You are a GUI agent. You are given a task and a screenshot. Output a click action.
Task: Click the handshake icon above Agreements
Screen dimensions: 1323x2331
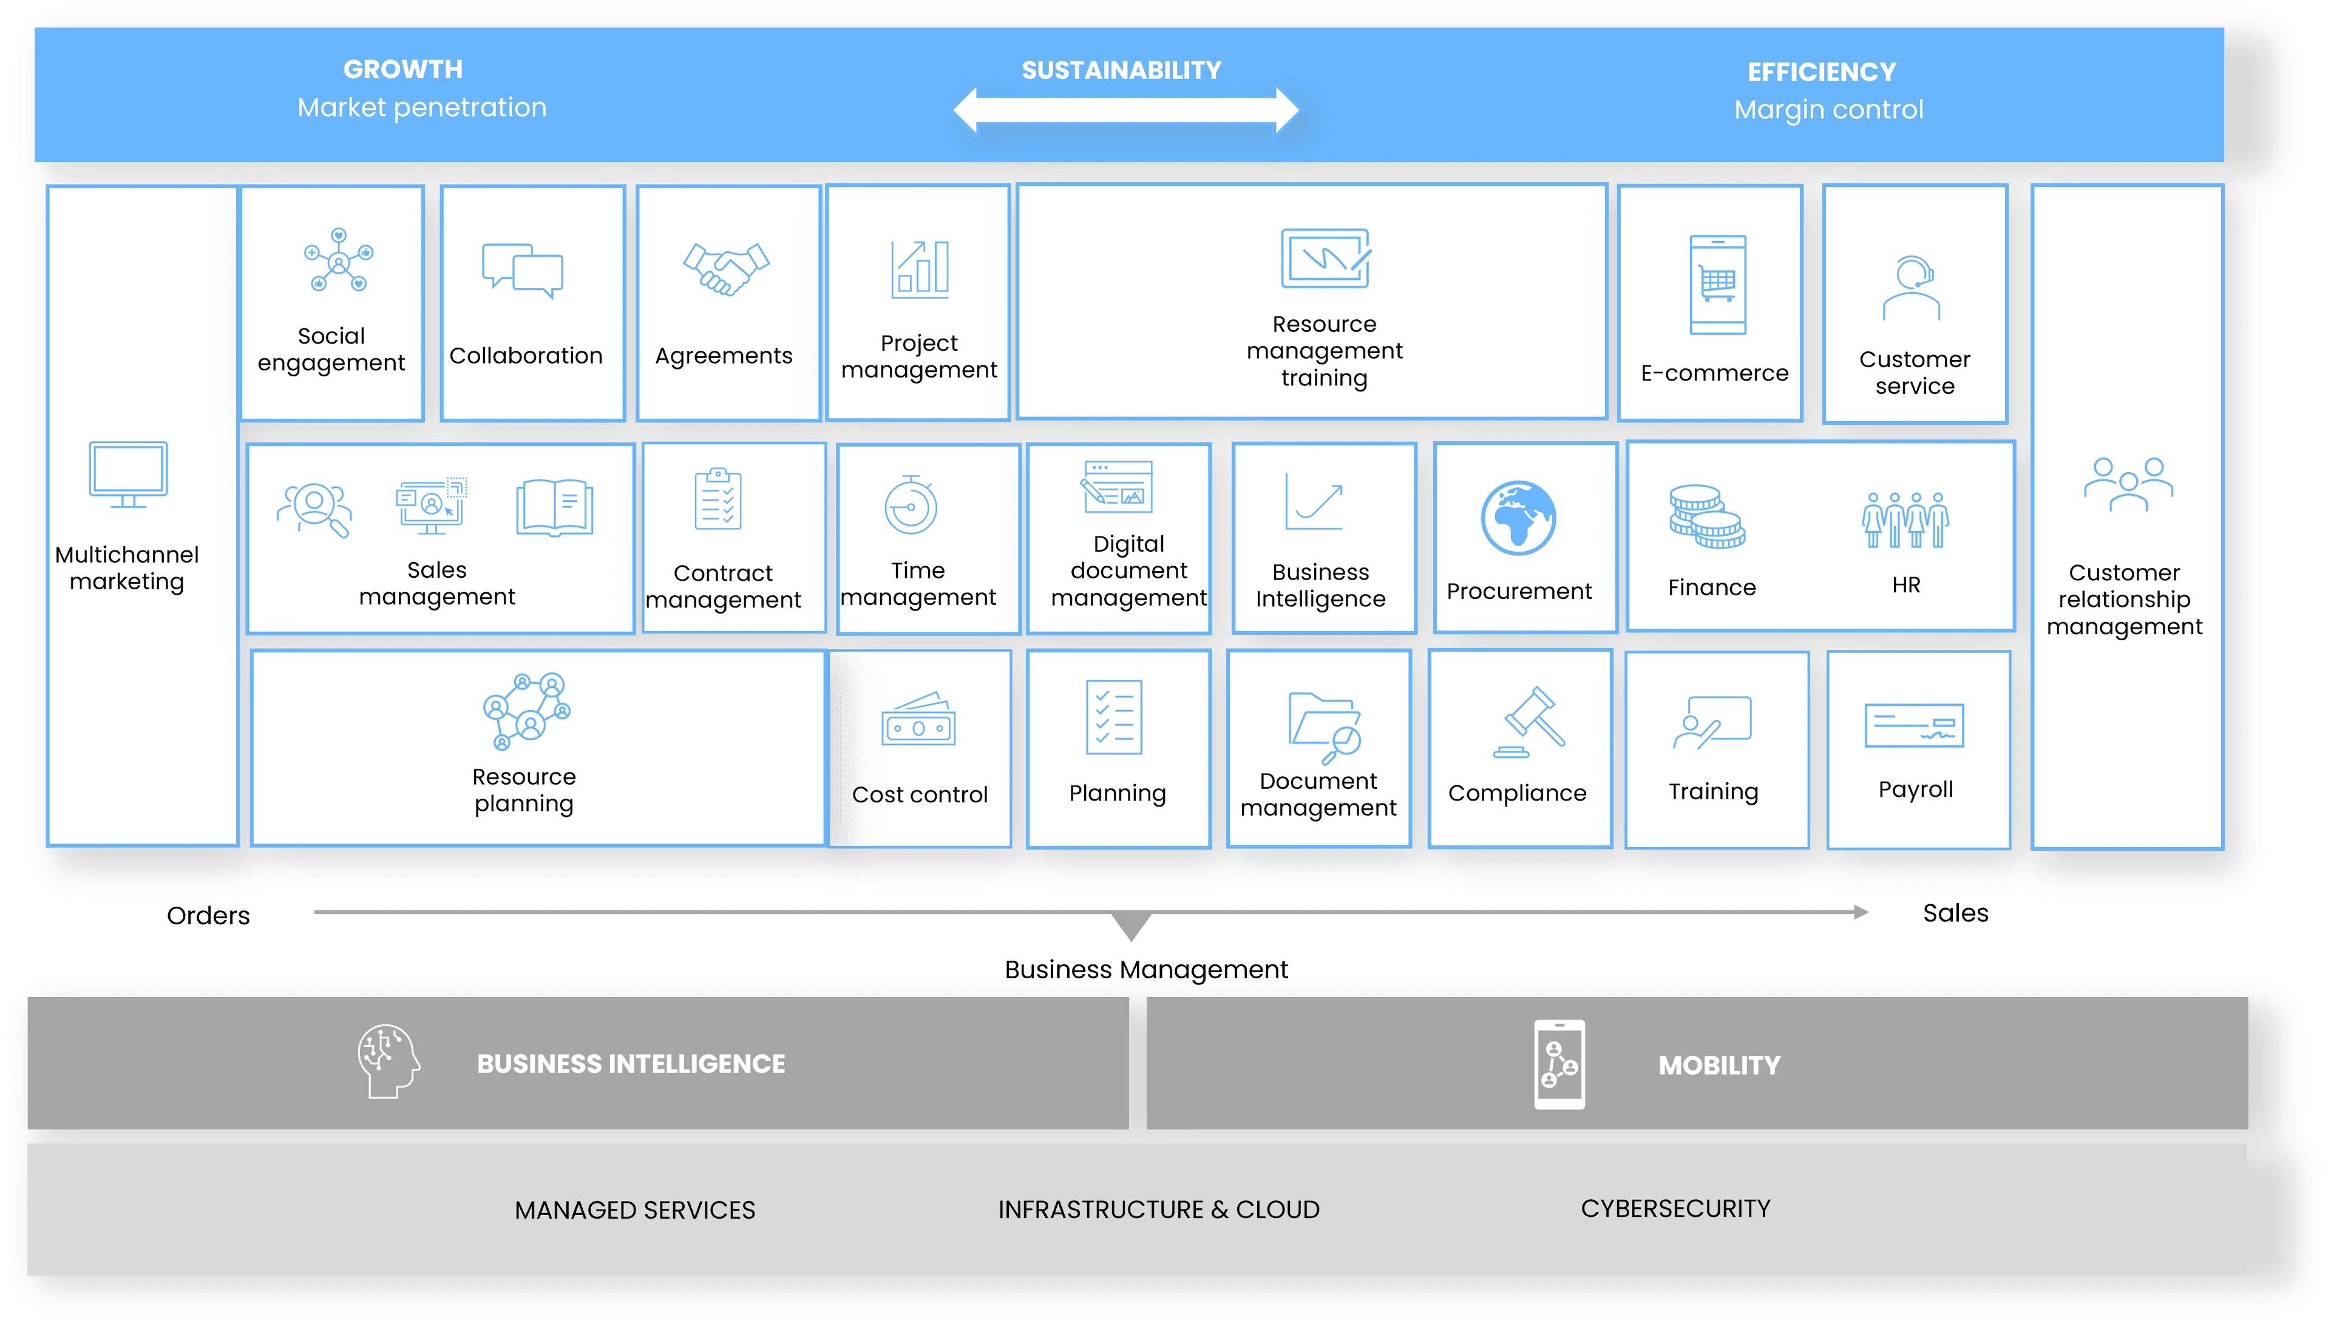click(x=726, y=269)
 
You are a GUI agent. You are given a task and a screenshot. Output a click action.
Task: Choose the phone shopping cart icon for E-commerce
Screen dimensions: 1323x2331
click(x=1717, y=285)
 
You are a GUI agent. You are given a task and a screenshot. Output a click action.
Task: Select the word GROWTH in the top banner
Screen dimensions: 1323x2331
click(x=402, y=69)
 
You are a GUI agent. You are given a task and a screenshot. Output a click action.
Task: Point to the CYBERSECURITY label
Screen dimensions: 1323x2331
click(x=1675, y=1208)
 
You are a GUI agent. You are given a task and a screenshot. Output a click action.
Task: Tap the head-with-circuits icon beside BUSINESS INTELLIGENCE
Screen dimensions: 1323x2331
click(x=388, y=1061)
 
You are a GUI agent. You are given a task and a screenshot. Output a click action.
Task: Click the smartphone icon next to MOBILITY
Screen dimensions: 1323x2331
click(x=1559, y=1064)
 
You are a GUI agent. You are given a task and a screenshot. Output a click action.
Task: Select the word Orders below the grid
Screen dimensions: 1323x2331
click(x=208, y=915)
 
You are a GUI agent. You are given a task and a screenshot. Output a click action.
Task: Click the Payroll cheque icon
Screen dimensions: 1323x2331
click(x=1914, y=726)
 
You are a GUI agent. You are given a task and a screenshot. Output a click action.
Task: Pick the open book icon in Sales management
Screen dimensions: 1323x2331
click(x=554, y=508)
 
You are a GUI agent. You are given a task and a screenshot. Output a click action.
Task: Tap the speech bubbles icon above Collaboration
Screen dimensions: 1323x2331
click(x=523, y=270)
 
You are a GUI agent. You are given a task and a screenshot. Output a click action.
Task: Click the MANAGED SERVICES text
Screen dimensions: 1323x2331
click(x=634, y=1210)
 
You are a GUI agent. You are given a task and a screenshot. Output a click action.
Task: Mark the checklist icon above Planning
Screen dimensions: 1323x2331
click(x=1114, y=717)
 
